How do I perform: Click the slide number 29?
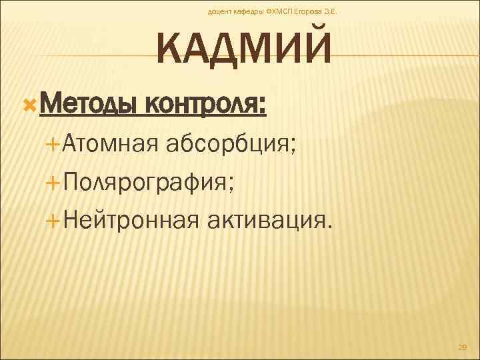click(463, 347)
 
